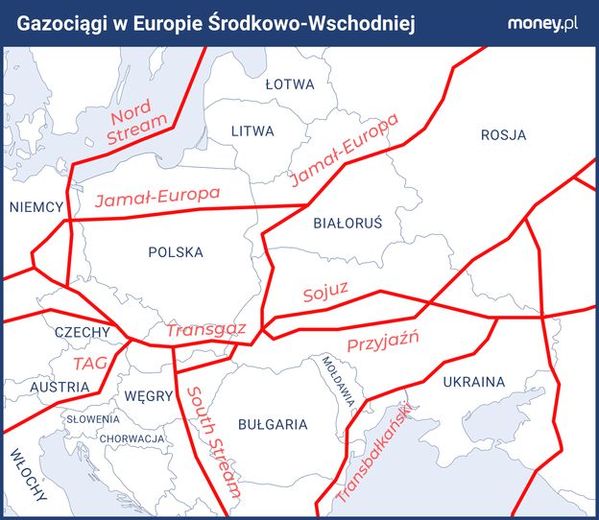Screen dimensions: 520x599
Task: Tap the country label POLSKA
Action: (x=176, y=252)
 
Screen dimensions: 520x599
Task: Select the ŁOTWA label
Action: (x=290, y=84)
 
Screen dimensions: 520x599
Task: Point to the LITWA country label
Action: (x=252, y=130)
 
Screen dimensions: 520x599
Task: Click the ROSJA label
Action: (x=503, y=135)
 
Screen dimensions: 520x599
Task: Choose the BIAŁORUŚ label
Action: (x=347, y=223)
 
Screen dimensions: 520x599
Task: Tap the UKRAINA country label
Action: (x=473, y=382)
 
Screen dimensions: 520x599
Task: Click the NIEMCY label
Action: (x=36, y=207)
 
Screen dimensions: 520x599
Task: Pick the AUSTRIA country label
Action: (x=60, y=388)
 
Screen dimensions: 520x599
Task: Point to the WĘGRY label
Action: (x=149, y=396)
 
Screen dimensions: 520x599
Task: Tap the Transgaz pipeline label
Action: (x=205, y=329)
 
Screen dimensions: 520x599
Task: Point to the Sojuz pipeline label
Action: (x=324, y=292)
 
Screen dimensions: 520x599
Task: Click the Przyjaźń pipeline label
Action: (x=382, y=344)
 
